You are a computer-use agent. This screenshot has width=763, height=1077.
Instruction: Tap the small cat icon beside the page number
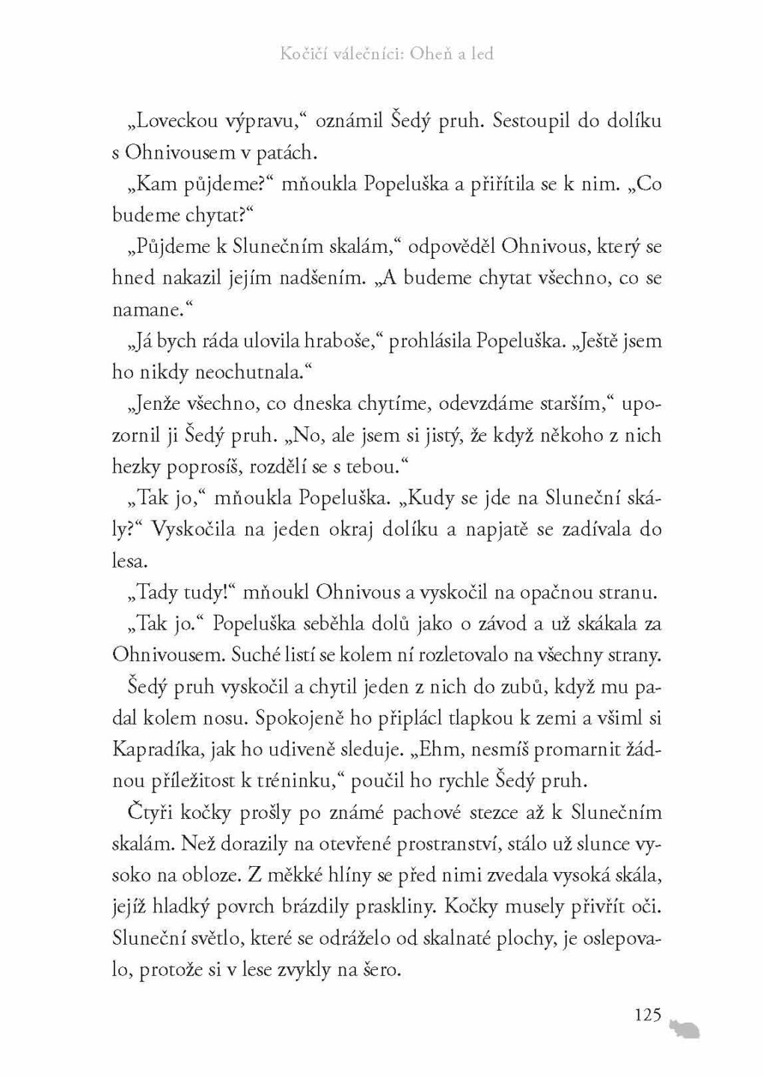click(684, 1029)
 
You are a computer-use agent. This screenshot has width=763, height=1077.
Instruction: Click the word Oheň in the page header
click(434, 54)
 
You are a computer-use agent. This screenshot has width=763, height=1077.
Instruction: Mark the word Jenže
click(153, 404)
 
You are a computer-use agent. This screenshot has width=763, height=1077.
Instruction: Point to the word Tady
click(154, 592)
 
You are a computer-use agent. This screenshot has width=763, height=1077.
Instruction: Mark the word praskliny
click(396, 906)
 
